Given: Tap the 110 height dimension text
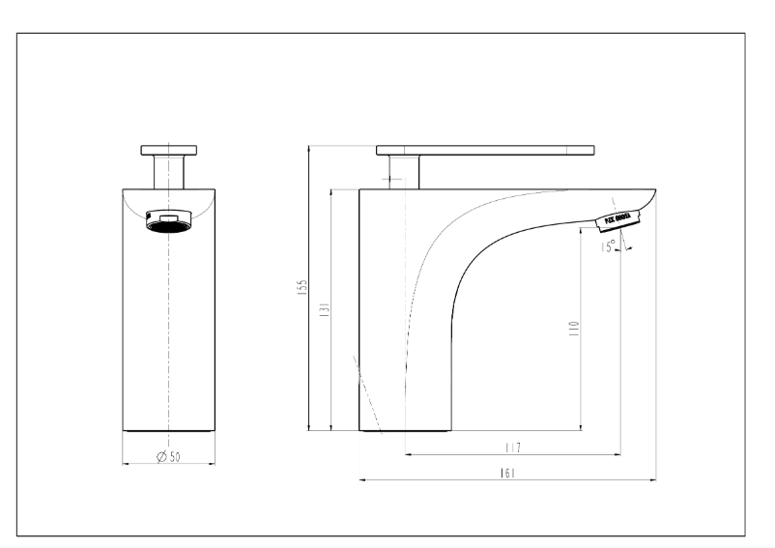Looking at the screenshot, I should (574, 329).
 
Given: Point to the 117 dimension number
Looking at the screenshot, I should (512, 447).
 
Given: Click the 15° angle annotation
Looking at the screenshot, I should (608, 247).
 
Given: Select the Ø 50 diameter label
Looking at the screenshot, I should (169, 457).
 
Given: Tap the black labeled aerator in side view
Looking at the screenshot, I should (617, 219).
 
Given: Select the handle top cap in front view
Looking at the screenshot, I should (170, 149).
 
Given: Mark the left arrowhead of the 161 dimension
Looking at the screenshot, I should (362, 478).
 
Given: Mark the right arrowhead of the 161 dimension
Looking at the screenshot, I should (652, 478).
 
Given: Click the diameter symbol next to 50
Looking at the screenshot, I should (159, 457).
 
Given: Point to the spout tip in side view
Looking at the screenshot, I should (652, 193).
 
